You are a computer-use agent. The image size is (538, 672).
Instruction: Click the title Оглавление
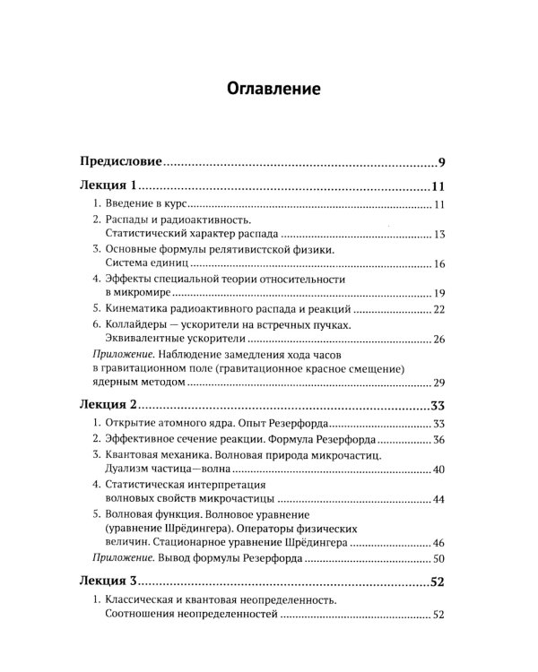click(268, 90)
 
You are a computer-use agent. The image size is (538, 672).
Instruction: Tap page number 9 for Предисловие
click(442, 162)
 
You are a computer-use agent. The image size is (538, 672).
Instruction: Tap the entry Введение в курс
click(144, 208)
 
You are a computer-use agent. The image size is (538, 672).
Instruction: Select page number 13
click(439, 235)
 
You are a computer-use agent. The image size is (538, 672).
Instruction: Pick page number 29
click(439, 383)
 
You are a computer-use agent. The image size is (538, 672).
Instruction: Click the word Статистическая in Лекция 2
click(151, 485)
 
